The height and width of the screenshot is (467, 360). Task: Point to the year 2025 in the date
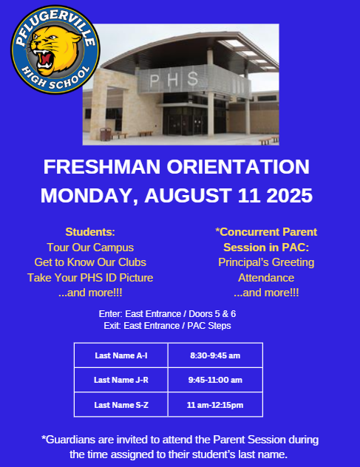tap(285, 196)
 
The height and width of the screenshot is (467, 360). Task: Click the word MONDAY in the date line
tap(89, 196)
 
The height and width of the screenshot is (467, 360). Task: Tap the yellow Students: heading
tap(90, 231)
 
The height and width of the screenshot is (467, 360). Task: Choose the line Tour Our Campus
tap(90, 247)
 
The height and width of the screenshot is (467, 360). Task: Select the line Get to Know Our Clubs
tap(90, 262)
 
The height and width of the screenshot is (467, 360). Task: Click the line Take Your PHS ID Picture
tap(90, 278)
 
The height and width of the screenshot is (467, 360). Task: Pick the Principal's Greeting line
tap(266, 262)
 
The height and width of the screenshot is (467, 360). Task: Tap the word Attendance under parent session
tap(266, 278)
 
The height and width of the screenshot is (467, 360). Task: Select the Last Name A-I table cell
tap(121, 355)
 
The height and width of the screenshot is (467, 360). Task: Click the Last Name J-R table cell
tap(121, 380)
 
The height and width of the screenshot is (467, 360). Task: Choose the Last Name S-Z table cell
tap(121, 405)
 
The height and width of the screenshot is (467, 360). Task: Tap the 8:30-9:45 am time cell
tap(215, 355)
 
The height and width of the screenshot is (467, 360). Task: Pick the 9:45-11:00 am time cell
tap(215, 380)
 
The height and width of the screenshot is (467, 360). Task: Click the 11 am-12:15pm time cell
tap(215, 405)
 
